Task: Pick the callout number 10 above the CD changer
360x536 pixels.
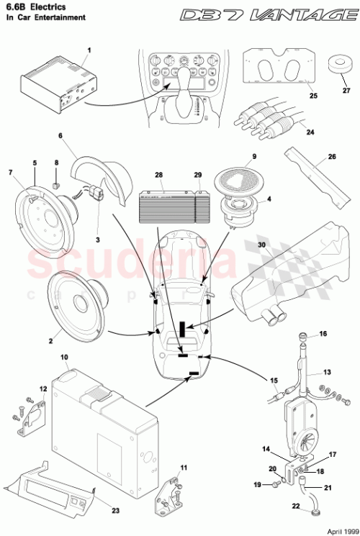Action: [x=64, y=358]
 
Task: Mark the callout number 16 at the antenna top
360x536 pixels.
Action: [x=323, y=334]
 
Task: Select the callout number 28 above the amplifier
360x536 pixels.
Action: [x=158, y=176]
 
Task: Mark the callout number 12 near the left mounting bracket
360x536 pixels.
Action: [x=42, y=389]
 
